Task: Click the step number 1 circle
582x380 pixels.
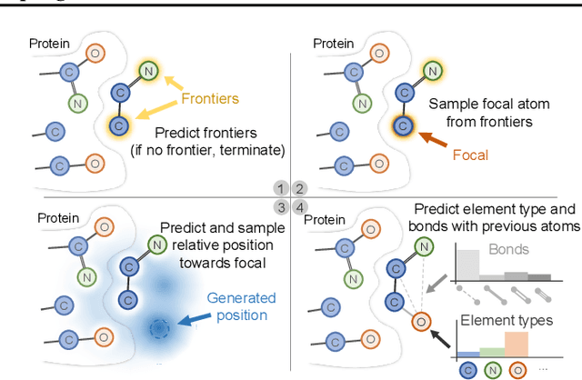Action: click(x=281, y=188)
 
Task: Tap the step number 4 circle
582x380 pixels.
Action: click(x=298, y=205)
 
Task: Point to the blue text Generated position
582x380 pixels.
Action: click(x=236, y=305)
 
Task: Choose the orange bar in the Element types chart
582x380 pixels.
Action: click(x=517, y=343)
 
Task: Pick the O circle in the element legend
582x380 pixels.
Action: click(x=518, y=370)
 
